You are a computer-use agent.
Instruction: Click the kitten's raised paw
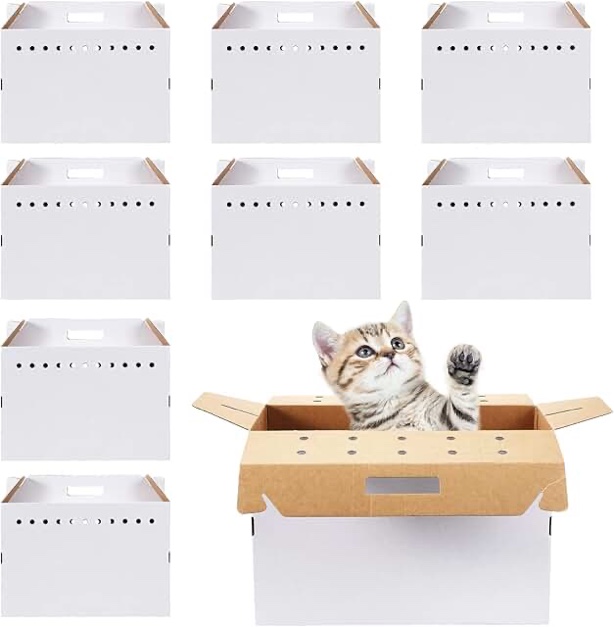coord(463,366)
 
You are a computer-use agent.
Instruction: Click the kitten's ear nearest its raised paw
coord(401,318)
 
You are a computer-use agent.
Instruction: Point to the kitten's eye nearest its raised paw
coord(397,344)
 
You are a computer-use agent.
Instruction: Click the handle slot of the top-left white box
coord(85,16)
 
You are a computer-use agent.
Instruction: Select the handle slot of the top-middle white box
coord(296,16)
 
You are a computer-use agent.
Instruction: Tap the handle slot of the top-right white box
coord(505,16)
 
